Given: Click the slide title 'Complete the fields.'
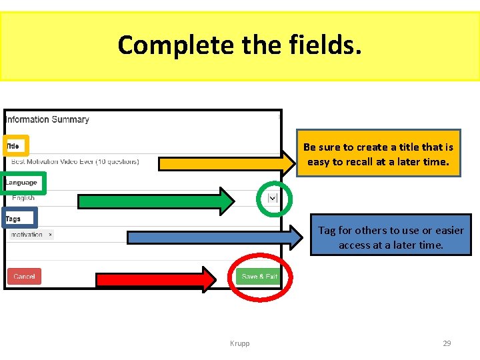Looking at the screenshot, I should pos(240,45).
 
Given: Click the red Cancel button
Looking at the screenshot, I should pos(24,276).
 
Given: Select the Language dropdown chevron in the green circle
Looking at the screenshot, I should pos(273,198).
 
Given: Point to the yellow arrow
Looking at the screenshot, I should pos(227,162).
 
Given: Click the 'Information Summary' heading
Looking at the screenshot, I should pos(47,120).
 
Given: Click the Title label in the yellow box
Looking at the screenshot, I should pos(13,145).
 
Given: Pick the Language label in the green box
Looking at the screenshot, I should pos(21,183).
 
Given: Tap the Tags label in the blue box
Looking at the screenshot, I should pos(13,219).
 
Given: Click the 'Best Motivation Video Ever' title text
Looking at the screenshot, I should pos(75,161).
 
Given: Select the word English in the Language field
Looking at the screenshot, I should pos(23,198).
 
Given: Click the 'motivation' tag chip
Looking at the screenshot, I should pos(27,235).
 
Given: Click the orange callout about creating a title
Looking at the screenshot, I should pos(378,154).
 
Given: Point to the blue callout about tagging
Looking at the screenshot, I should pos(391,237).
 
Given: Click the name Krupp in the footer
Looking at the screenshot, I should pos(239,343).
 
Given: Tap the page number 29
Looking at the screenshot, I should pos(447,343).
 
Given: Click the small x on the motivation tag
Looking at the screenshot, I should pos(51,235).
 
